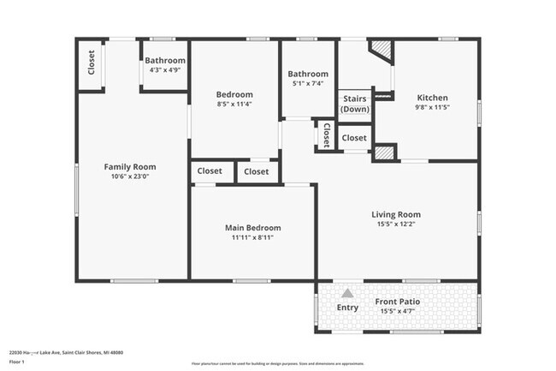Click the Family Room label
pos(130,166)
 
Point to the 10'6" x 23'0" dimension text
pos(130,177)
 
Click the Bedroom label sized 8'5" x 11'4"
pos(234,94)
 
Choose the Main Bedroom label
pos(252,227)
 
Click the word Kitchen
pos(432,98)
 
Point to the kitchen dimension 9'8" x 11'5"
pos(432,108)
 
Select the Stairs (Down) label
pos(354,104)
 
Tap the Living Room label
pos(395,214)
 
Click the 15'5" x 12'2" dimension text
pos(395,224)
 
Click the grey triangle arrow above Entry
pos(347,293)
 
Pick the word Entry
pos(347,308)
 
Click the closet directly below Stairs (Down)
pos(354,137)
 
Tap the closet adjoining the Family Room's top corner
pos(92,63)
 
